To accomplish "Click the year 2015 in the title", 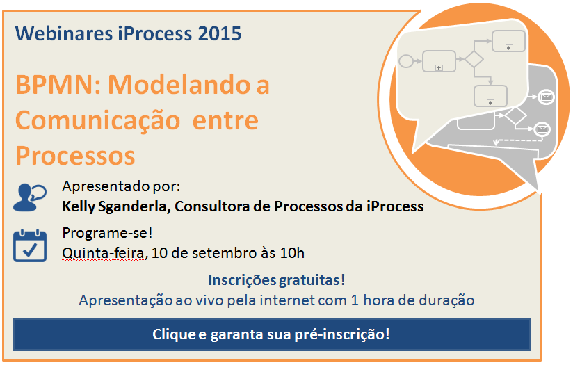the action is [x=219, y=33].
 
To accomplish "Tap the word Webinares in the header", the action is [x=64, y=33].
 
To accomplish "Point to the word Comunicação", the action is [x=98, y=121].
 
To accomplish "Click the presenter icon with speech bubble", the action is [x=30, y=197].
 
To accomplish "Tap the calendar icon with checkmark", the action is [x=30, y=245].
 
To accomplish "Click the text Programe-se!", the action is [x=107, y=233].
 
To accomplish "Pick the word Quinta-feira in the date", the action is [x=104, y=253].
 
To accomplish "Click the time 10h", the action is [x=292, y=253].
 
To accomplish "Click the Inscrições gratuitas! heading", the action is [x=277, y=280].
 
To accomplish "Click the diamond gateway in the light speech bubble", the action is [x=474, y=59].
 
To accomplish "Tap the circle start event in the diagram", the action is [x=406, y=61].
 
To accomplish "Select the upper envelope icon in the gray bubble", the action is [x=547, y=97].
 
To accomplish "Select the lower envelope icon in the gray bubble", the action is [x=542, y=129].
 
